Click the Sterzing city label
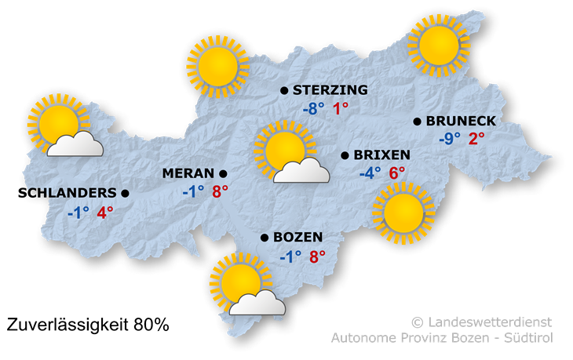[330, 91]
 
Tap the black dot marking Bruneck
[417, 122]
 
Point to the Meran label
[188, 173]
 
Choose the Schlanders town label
[71, 192]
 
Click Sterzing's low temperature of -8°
[313, 109]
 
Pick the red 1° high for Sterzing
[341, 109]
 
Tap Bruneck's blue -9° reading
[450, 139]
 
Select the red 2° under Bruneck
[476, 139]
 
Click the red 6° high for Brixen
[396, 173]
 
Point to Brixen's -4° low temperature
[370, 173]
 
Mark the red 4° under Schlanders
[104, 212]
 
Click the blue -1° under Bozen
[290, 256]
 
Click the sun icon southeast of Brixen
[403, 212]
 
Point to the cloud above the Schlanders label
[75, 144]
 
